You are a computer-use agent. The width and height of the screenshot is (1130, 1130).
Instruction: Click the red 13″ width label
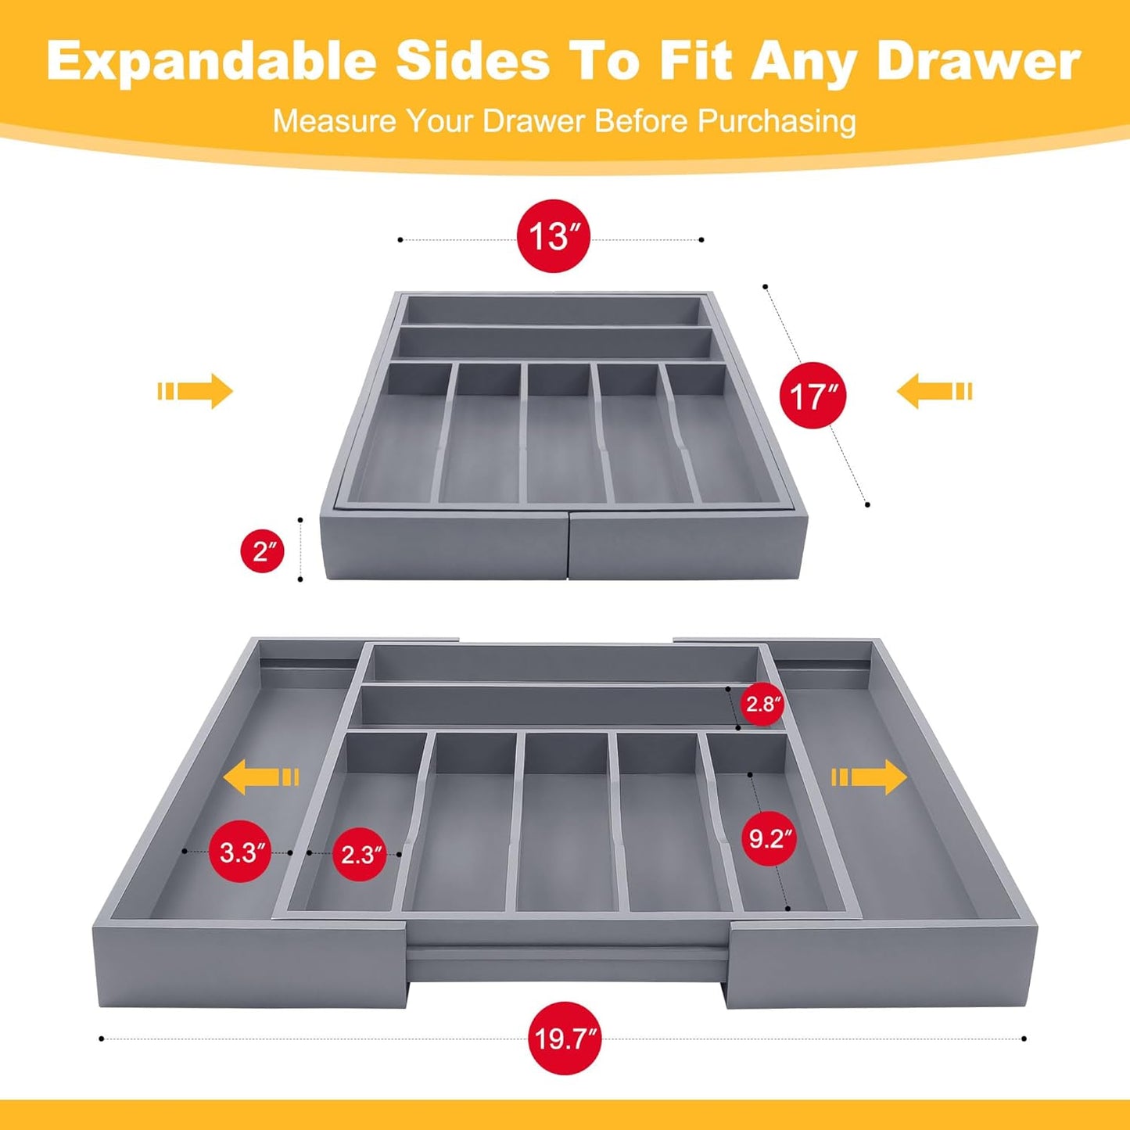point(553,235)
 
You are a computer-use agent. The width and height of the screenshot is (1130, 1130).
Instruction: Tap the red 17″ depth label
point(813,396)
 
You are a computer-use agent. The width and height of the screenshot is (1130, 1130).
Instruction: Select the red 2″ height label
point(262,551)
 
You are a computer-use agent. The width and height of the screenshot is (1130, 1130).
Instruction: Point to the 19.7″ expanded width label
point(565,1039)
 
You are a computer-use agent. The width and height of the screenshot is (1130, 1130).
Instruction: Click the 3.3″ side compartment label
point(240,852)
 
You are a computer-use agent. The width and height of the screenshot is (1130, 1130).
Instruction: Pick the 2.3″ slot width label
point(359,854)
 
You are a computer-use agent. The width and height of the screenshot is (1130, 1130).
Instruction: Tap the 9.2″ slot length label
point(769,838)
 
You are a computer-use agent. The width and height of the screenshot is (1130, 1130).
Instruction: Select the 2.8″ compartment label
point(762,704)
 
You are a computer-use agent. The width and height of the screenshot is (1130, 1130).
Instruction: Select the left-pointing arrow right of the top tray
point(934,391)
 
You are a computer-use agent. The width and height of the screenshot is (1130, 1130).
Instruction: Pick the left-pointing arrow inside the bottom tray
point(260,777)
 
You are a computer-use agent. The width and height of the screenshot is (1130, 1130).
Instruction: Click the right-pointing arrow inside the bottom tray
point(870,777)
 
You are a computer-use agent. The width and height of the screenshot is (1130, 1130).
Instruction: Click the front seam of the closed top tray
point(568,546)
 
